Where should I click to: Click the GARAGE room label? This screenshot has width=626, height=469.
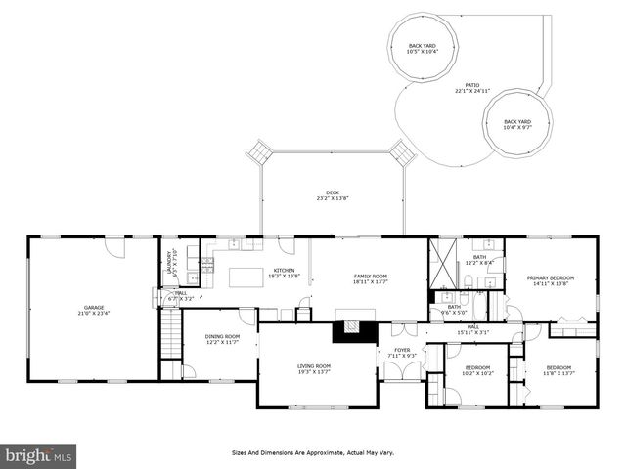(x=94, y=310)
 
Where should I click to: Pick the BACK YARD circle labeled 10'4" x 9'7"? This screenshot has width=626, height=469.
(x=517, y=124)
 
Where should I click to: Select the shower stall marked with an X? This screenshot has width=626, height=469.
(x=442, y=263)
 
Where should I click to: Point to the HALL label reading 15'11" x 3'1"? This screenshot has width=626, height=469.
(x=472, y=329)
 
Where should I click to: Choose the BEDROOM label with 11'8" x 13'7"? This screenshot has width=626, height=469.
(x=558, y=369)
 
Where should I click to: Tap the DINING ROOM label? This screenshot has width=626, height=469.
(x=222, y=339)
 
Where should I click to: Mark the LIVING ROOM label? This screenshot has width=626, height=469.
(x=314, y=368)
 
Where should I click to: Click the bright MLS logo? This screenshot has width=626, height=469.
(x=39, y=455)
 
